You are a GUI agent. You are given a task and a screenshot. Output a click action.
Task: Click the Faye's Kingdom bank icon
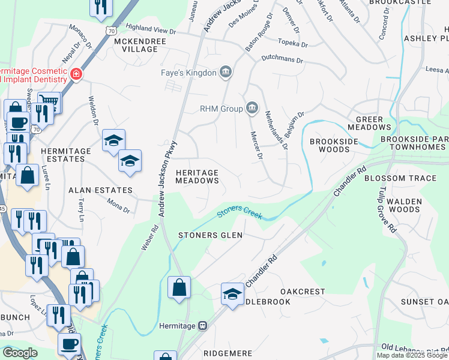[226, 73]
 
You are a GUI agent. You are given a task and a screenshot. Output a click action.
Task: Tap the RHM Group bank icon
[252, 109]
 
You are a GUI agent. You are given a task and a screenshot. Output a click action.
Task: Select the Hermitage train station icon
[203, 326]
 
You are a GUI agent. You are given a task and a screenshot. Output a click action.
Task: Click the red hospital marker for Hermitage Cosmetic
[76, 74]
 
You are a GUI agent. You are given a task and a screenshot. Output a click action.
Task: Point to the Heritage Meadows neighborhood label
[197, 176]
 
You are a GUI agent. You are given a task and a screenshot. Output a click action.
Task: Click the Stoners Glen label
[211, 235]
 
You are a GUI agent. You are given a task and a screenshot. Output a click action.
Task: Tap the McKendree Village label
[135, 44]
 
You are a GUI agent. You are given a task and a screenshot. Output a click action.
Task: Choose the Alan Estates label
[100, 190]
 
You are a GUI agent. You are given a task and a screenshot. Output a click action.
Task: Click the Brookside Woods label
[334, 146]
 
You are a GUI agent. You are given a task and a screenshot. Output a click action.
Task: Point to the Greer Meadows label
[369, 123]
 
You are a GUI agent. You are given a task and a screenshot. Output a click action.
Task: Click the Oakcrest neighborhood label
[303, 292]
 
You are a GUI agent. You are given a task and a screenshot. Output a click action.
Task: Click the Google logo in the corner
[20, 353]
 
